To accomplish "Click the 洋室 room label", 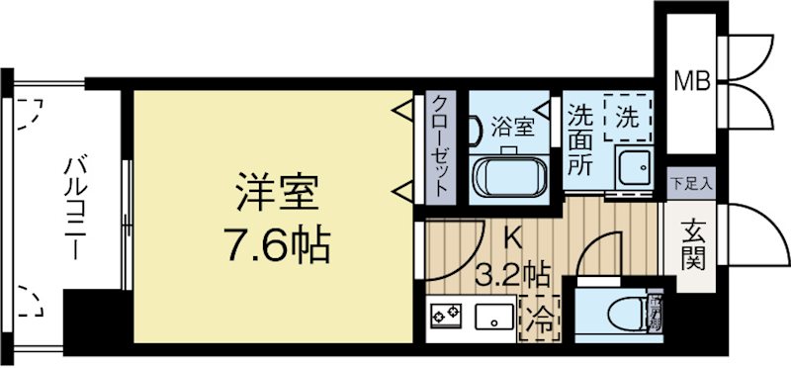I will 276,192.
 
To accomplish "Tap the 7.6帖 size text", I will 276,242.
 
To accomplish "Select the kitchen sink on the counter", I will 490,317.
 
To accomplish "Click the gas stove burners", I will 446,317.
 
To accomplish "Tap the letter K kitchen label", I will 514,238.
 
